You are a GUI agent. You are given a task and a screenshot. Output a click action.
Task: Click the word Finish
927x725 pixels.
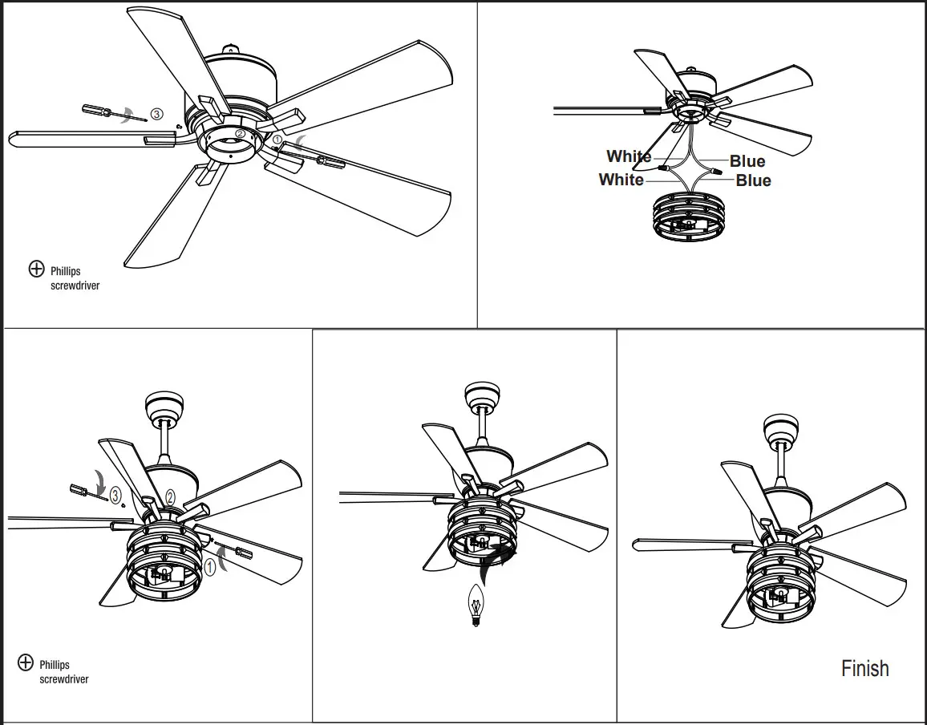(x=864, y=668)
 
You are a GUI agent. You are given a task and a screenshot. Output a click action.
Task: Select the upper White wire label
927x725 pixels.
(x=629, y=156)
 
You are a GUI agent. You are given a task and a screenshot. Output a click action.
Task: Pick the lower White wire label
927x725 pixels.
(x=621, y=180)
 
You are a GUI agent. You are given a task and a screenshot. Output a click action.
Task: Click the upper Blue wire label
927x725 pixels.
(x=747, y=161)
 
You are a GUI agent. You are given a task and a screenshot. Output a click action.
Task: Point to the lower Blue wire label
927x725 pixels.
(x=753, y=181)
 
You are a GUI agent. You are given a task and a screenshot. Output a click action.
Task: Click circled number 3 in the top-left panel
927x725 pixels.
(x=156, y=115)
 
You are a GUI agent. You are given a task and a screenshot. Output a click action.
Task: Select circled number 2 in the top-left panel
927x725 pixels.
(x=240, y=134)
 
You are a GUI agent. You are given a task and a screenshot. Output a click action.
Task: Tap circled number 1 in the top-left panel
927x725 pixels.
(x=277, y=140)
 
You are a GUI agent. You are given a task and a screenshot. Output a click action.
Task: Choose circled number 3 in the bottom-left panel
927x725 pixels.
(x=115, y=496)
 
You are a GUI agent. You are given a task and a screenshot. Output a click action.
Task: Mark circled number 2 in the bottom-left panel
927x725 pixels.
(x=170, y=497)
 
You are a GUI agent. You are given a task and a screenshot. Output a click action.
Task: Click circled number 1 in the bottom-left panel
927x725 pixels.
(x=209, y=568)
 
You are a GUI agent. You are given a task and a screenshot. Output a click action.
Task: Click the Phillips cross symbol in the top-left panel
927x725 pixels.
(x=36, y=269)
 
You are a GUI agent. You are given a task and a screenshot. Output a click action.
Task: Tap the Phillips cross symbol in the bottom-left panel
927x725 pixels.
(x=26, y=662)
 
